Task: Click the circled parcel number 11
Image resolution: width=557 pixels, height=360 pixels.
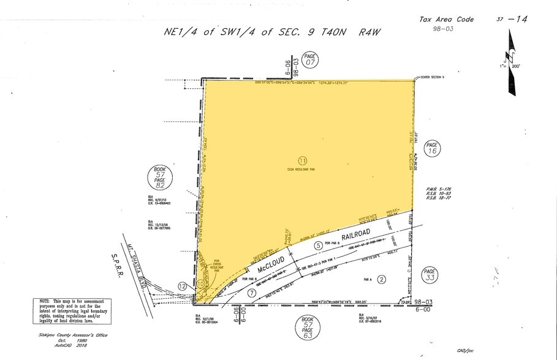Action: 302,161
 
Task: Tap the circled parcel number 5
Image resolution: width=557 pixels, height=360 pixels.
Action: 318,246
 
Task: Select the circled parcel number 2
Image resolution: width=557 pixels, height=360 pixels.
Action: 381,280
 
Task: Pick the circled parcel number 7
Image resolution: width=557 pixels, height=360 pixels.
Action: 252,293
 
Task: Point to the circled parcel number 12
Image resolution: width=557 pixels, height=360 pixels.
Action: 182,286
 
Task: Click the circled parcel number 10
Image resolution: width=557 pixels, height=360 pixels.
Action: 200,284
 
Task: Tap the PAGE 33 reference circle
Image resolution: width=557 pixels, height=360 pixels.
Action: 429,275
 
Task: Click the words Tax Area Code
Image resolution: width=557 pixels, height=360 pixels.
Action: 446,20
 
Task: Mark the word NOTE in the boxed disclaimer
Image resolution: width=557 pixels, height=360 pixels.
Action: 44,302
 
